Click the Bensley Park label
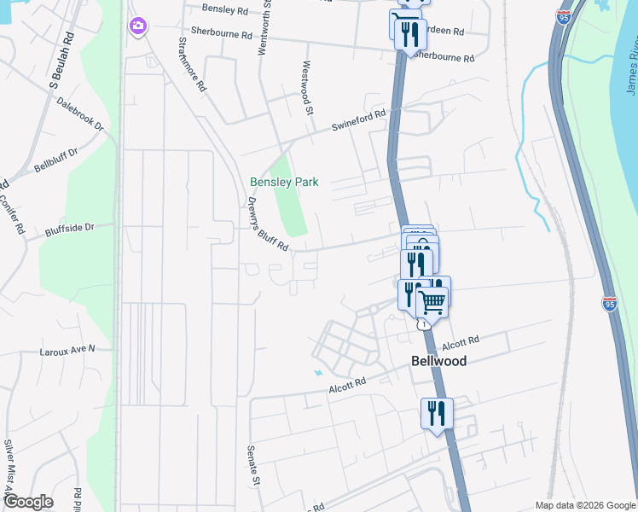click(284, 182)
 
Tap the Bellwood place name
click(438, 361)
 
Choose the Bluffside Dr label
click(81, 231)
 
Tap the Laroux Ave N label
click(67, 350)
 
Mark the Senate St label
click(252, 465)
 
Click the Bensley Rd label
click(224, 9)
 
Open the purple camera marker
click(137, 27)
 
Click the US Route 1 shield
click(422, 324)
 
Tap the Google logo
click(27, 502)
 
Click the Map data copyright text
click(583, 505)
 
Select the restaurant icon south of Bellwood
click(437, 414)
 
